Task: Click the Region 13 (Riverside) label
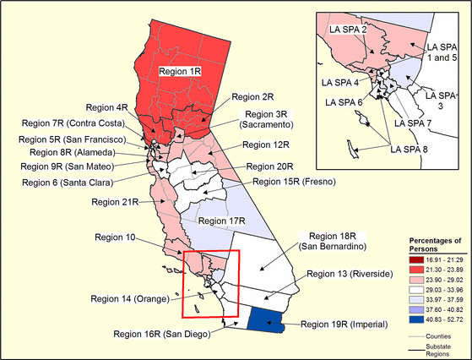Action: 353,274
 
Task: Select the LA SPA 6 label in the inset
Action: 346,102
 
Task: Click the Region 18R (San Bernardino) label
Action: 343,240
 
